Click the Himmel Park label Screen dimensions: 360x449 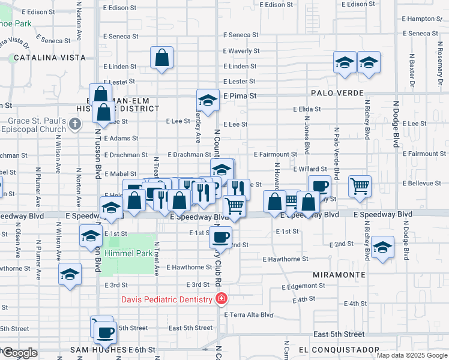tap(128, 253)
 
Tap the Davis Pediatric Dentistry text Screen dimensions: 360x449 tap(167, 299)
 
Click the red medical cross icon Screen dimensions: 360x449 tap(221, 299)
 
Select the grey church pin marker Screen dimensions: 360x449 tap(74, 124)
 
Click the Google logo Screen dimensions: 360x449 tap(19, 353)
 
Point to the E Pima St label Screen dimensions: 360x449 tap(240, 95)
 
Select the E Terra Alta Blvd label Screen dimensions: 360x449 tap(249, 314)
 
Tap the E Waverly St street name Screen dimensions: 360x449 tap(241, 51)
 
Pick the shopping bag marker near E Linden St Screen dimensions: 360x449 tap(162, 58)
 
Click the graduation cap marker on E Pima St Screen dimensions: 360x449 tap(208, 100)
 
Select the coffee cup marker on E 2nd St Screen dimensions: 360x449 tap(220, 236)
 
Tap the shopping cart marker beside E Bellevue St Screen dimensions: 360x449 tap(360, 185)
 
